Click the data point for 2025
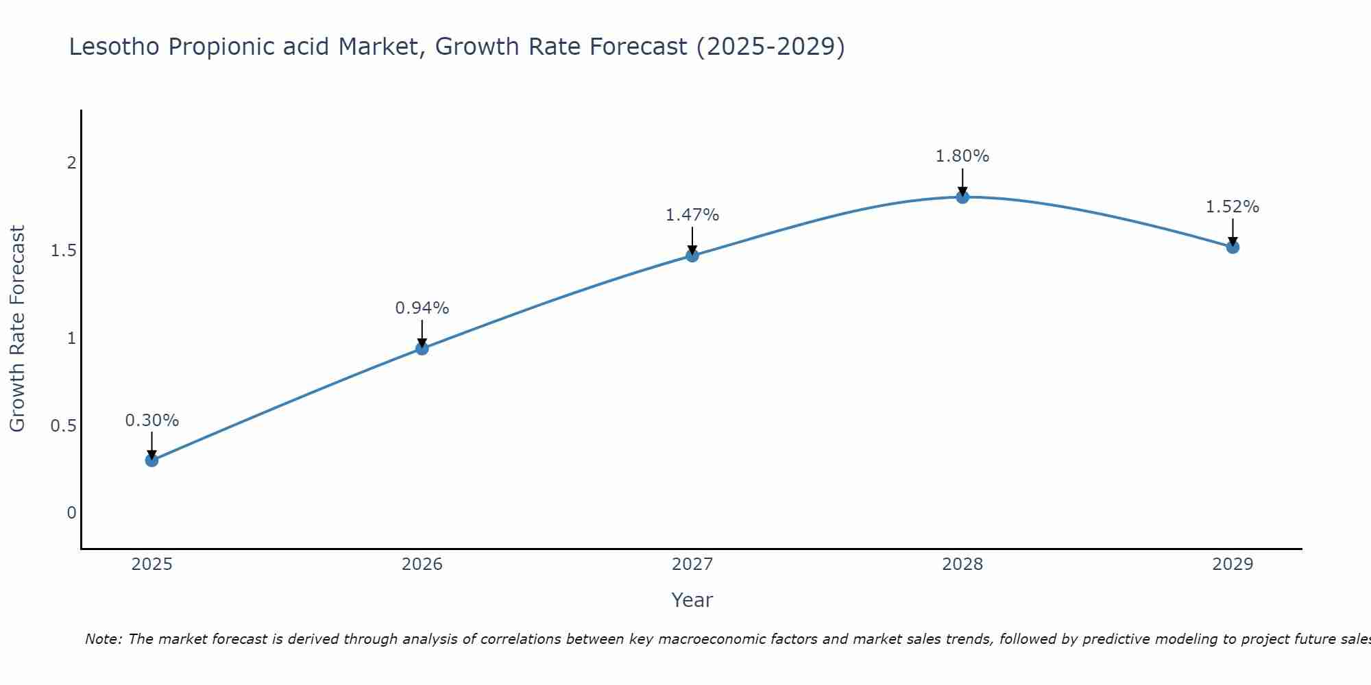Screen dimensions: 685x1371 tap(151, 460)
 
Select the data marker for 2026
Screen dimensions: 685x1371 tap(422, 349)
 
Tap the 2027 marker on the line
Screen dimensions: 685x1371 tap(692, 256)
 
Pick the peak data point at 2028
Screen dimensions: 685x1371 tap(962, 197)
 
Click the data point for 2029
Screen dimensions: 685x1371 tap(1233, 247)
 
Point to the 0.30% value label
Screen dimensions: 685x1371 tap(151, 421)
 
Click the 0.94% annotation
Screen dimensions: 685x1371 tap(422, 308)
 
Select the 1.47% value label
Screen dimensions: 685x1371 tap(692, 215)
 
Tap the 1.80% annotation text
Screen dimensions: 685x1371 tap(962, 156)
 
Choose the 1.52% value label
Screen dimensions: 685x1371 tap(1233, 207)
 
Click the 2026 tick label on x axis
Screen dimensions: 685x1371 tap(422, 564)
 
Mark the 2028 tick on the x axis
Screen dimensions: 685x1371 tap(962, 564)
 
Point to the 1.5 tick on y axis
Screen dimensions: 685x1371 tap(63, 251)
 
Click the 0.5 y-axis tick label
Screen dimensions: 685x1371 tap(63, 426)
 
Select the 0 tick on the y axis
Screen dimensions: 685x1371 tap(71, 513)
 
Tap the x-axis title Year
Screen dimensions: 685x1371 tap(692, 600)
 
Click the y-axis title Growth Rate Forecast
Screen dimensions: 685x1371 tap(17, 329)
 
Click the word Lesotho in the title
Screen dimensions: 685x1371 tap(114, 47)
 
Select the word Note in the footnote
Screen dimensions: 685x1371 tap(102, 639)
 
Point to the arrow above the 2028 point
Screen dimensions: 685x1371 tap(962, 182)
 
